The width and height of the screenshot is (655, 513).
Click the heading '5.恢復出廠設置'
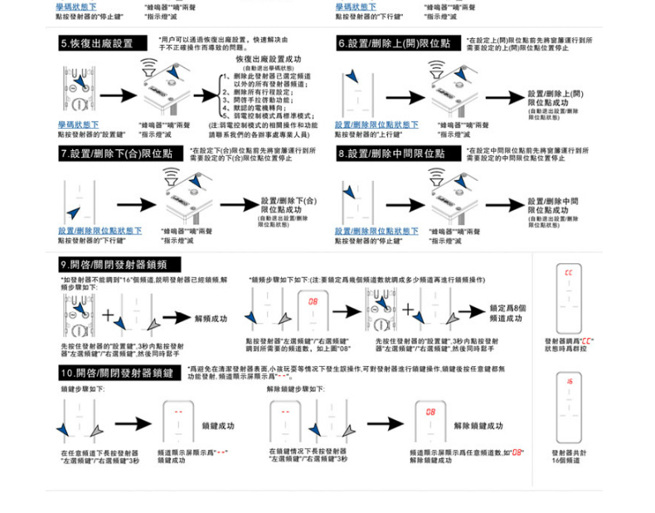coord(97,43)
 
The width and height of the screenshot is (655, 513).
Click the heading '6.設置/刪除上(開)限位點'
coord(394,43)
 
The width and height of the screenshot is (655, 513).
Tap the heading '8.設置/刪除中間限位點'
coord(391,154)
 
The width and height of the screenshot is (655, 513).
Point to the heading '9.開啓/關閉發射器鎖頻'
coord(114,265)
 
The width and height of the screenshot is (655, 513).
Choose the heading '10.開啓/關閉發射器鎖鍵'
coord(117,373)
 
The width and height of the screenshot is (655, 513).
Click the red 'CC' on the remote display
coord(568,273)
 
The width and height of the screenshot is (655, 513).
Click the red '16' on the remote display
coord(570,381)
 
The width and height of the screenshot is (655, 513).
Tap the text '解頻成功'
coord(211,318)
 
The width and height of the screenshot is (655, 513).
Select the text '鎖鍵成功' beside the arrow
coord(218,426)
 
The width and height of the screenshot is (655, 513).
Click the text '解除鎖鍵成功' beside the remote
coord(478,426)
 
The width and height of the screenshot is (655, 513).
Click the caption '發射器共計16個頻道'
coord(569,456)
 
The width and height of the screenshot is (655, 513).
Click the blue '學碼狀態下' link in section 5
coord(78,125)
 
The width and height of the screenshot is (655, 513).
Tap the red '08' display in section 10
coord(430,411)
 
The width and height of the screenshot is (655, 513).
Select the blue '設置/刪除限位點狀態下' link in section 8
coord(376,231)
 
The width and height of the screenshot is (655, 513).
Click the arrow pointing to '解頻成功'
coord(177,317)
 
